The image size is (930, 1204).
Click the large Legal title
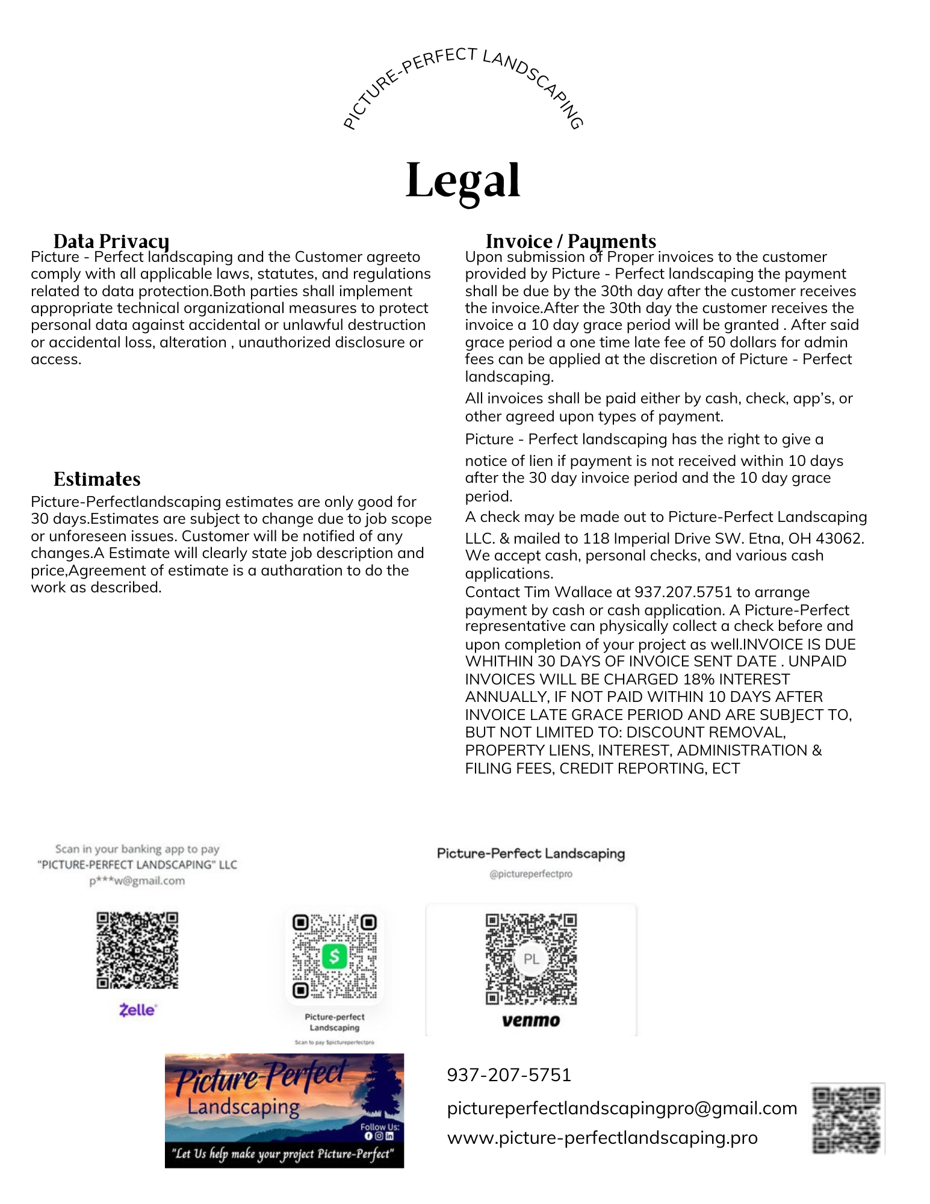tap(462, 181)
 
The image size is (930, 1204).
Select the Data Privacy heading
tap(111, 241)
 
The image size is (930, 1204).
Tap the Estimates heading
tap(97, 479)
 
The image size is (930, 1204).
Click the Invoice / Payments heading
tap(571, 241)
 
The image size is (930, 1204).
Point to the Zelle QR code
tap(137, 950)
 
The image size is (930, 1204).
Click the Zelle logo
tap(138, 1010)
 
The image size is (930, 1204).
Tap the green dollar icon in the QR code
tap(334, 956)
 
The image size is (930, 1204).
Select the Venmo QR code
tap(531, 959)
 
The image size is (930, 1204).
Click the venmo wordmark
tap(531, 1020)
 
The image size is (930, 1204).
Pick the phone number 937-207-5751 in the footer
tap(509, 1075)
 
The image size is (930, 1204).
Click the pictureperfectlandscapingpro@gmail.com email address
tap(622, 1108)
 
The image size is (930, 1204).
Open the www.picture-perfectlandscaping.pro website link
tap(602, 1138)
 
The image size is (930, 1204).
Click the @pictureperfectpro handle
tap(531, 874)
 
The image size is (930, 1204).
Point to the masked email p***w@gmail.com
tap(137, 881)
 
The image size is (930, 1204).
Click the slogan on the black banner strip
tap(284, 1154)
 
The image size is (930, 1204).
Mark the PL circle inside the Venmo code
tap(531, 959)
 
